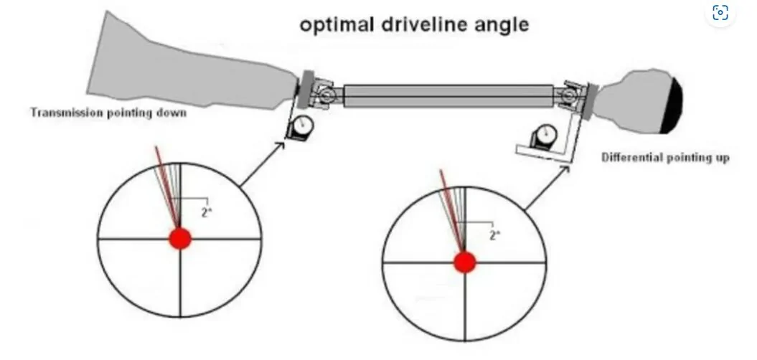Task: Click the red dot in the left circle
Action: coord(180,239)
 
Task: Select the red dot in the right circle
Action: coord(465,262)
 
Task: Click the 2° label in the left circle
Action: coord(207,212)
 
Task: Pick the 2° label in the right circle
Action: coord(495,235)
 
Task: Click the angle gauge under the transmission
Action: coord(301,128)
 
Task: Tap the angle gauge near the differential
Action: coord(544,136)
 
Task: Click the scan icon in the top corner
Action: coord(720,12)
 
